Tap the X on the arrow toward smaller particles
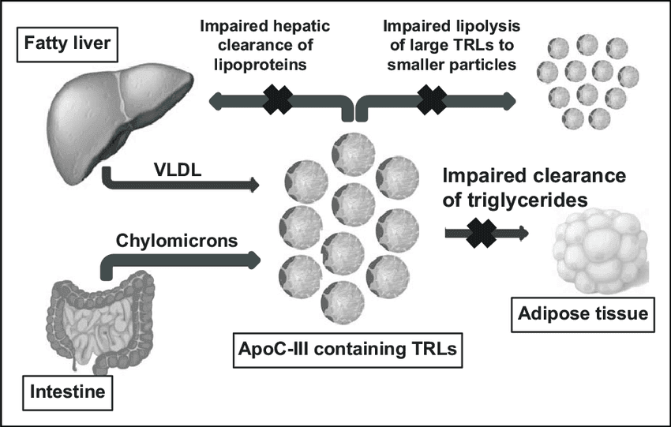coord(432,99)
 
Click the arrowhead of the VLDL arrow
coord(253,186)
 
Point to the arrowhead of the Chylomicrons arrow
coord(253,259)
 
